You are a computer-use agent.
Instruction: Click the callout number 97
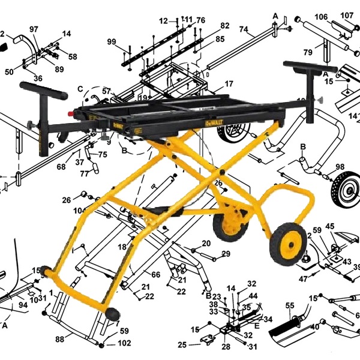pyautogui.click(x=33, y=29)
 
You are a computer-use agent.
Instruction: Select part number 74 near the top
pyautogui.click(x=244, y=29)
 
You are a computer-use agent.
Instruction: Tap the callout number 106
pyautogui.click(x=321, y=16)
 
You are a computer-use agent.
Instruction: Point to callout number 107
pyautogui.click(x=347, y=15)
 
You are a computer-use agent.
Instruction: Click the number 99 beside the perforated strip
pyautogui.click(x=112, y=41)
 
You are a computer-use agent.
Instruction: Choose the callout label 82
pyautogui.click(x=224, y=26)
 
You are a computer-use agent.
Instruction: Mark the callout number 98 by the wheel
pyautogui.click(x=340, y=167)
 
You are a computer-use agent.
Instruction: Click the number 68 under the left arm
pyautogui.click(x=61, y=167)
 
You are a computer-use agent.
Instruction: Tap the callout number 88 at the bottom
pyautogui.click(x=60, y=340)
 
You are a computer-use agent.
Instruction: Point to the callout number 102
pyautogui.click(x=124, y=344)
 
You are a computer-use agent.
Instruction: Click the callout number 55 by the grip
pyautogui.click(x=290, y=305)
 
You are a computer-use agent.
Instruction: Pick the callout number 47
pyautogui.click(x=302, y=278)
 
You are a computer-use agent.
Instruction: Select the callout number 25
pyautogui.click(x=182, y=344)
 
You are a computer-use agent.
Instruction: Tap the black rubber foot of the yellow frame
pyautogui.click(x=112, y=314)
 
